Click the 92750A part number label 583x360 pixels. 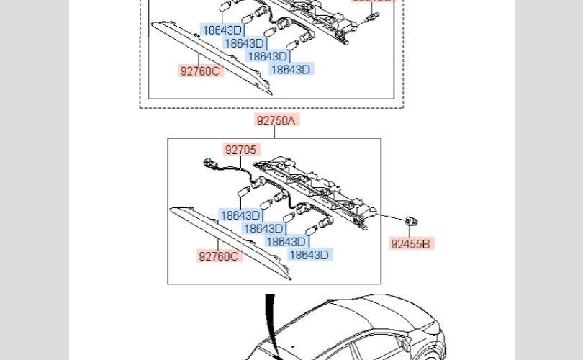pos(276,120)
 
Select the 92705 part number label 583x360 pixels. pos(240,150)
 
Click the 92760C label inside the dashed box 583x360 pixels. pos(201,71)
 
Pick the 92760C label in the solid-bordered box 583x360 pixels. pos(219,256)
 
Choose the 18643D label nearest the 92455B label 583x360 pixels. pos(309,254)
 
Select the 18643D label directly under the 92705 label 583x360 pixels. pos(240,215)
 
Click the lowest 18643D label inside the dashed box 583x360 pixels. pos(290,69)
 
